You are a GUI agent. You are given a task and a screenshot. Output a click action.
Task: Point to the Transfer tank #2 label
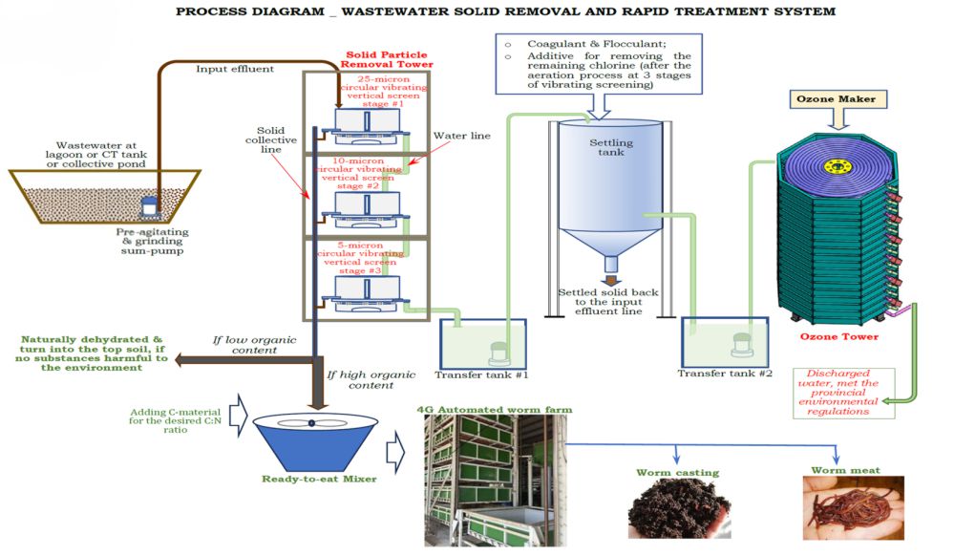click(x=724, y=373)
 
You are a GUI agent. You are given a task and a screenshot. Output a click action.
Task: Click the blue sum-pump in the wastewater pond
click(x=149, y=206)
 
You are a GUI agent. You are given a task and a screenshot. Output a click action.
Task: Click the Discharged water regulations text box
click(x=841, y=393)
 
